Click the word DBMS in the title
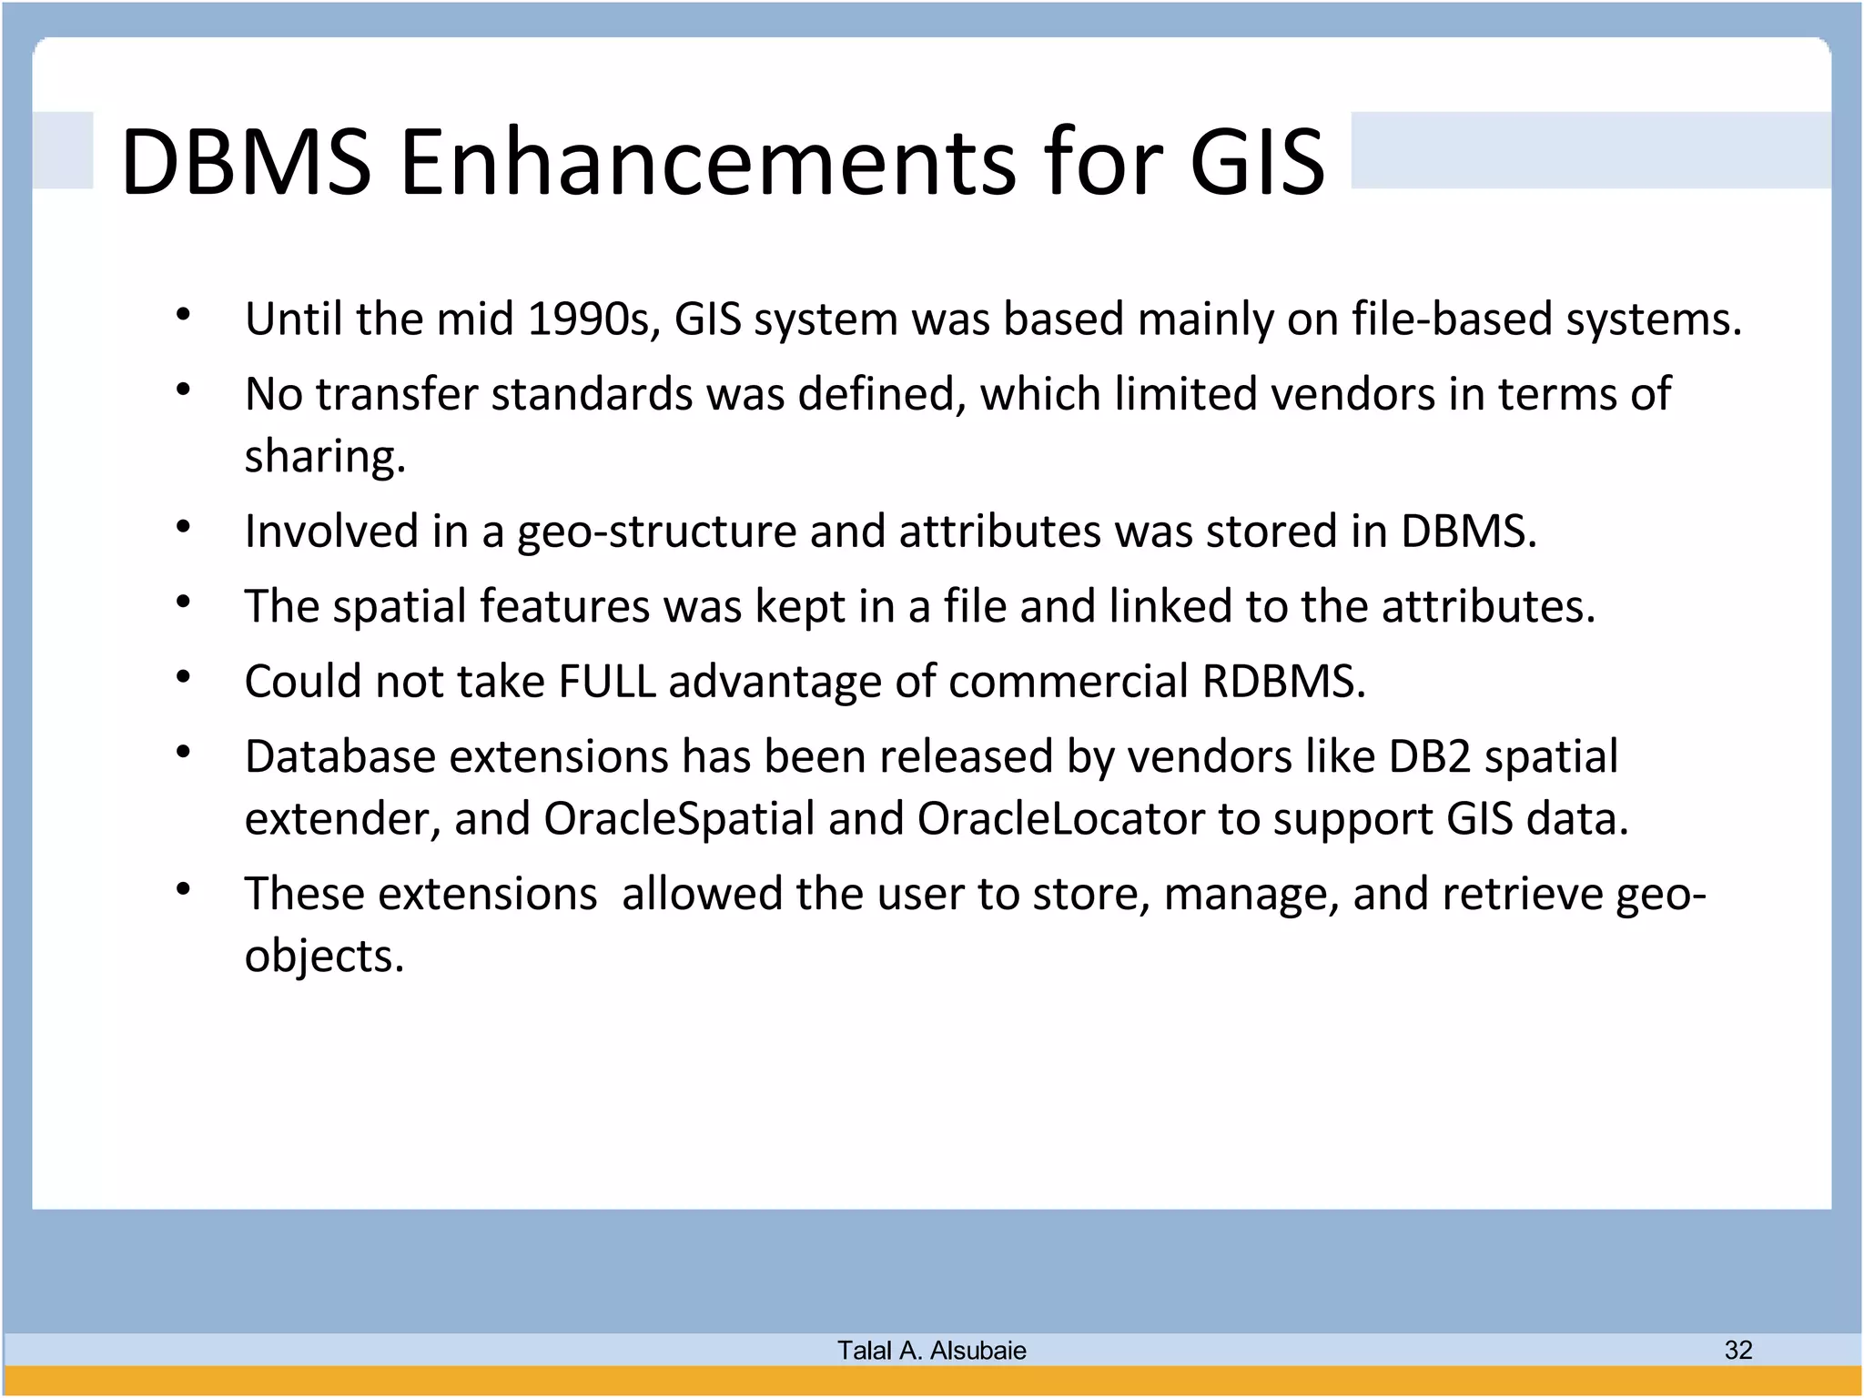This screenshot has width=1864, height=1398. (x=246, y=162)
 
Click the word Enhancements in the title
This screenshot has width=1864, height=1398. (x=707, y=162)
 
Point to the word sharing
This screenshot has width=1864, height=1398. (x=324, y=456)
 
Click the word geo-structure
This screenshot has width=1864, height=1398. (x=656, y=532)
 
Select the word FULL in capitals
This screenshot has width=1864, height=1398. (x=606, y=682)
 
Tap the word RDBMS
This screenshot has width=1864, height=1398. (x=1282, y=682)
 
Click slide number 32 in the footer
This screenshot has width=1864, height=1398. (x=1737, y=1350)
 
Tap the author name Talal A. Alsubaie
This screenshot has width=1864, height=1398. (x=931, y=1351)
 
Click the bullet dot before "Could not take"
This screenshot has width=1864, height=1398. (x=183, y=677)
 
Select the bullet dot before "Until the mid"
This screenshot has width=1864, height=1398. (x=183, y=315)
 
